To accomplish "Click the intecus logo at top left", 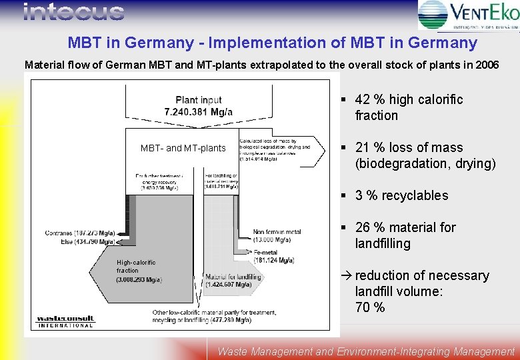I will click(x=73, y=12).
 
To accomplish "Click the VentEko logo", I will click(x=467, y=15).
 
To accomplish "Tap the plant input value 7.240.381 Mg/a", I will click(x=199, y=111).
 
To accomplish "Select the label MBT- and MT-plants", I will click(x=183, y=148).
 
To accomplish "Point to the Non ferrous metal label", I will click(x=277, y=232).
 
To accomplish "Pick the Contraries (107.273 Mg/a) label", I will click(x=80, y=233).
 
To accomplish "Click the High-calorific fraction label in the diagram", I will click(x=128, y=267).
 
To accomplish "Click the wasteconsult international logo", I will click(x=65, y=321).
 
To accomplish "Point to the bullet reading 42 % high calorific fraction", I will click(x=409, y=107).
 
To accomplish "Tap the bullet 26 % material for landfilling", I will click(x=405, y=235).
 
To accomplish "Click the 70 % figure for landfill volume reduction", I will click(x=370, y=307).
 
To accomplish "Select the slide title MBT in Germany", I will click(x=272, y=43).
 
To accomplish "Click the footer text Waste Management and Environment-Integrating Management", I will click(x=366, y=351).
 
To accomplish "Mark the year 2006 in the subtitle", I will click(x=481, y=65).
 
